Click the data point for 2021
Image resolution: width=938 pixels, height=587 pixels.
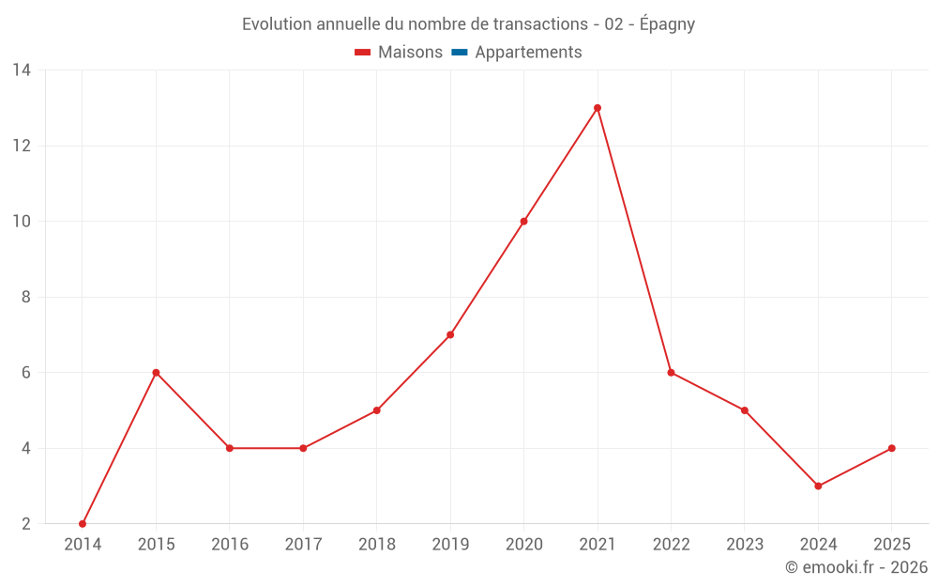click(x=598, y=108)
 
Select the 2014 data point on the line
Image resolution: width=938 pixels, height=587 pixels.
click(x=83, y=523)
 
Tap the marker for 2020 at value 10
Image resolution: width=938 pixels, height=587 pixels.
click(x=523, y=222)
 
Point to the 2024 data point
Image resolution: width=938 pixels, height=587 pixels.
click(x=818, y=486)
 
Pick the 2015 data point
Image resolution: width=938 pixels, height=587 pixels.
click(x=156, y=373)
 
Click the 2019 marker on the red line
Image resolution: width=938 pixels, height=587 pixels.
click(x=450, y=334)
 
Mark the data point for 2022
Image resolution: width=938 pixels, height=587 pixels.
click(x=671, y=373)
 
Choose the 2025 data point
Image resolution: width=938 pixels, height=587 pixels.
click(x=891, y=448)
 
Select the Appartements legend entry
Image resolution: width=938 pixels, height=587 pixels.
click(x=528, y=53)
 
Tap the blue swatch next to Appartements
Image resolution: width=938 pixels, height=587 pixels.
click(x=460, y=53)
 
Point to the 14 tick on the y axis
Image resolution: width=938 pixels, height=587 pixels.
click(x=22, y=70)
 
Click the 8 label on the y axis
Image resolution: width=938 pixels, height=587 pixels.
click(x=26, y=297)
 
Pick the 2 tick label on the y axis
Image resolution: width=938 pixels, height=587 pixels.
click(x=26, y=523)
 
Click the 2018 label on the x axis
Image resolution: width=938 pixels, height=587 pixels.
click(x=376, y=545)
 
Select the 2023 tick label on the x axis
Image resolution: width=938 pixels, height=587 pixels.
click(x=744, y=545)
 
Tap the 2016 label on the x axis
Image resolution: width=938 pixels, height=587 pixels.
click(x=229, y=545)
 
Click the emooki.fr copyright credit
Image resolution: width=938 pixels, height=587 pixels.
click(x=856, y=567)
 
